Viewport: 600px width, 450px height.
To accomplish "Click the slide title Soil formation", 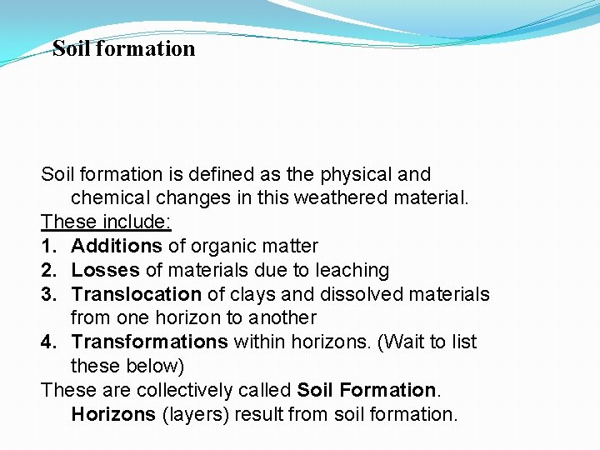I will pos(123,48).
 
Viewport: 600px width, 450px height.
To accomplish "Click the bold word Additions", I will pos(117,246).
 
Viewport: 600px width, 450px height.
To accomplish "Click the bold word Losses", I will pos(106,270).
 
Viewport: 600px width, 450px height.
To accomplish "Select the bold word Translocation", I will pos(137,294).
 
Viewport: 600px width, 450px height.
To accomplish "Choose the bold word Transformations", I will pos(149,342).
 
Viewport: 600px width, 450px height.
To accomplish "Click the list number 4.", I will pos(48,342).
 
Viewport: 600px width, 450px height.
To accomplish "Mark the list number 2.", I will pos(48,270).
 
